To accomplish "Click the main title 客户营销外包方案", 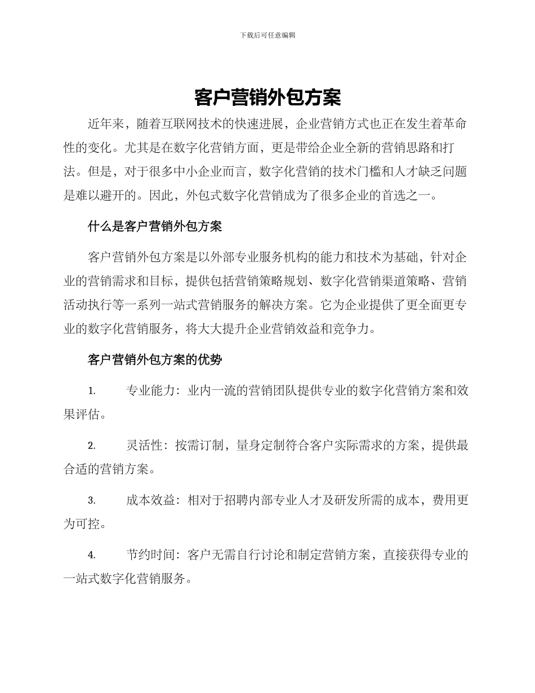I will tap(267, 97).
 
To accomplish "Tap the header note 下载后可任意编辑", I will tap(267, 35).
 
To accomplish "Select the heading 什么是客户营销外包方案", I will tap(155, 226).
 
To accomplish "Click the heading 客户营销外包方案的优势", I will tap(155, 359).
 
